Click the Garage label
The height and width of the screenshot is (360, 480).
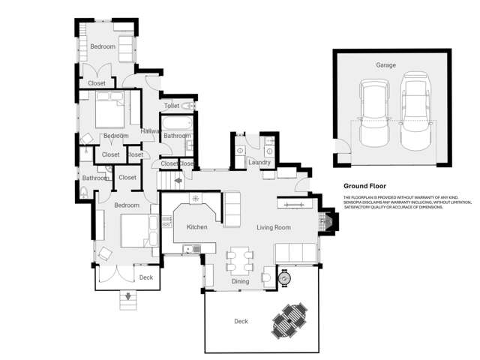(385, 65)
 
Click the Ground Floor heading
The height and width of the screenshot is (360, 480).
(364, 185)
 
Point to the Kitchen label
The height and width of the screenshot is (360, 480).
(196, 226)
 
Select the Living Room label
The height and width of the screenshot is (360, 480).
(274, 227)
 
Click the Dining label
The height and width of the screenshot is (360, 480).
(240, 282)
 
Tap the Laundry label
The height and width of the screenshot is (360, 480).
(259, 162)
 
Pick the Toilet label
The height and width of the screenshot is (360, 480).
(172, 106)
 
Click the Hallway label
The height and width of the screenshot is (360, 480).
(151, 131)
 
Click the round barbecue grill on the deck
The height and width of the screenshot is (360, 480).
(284, 278)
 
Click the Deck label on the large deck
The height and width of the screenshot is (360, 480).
(241, 321)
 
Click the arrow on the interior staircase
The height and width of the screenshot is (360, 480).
(178, 180)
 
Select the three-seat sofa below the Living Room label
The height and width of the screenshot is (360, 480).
(295, 252)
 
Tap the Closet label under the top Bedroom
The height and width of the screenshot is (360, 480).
(97, 83)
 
